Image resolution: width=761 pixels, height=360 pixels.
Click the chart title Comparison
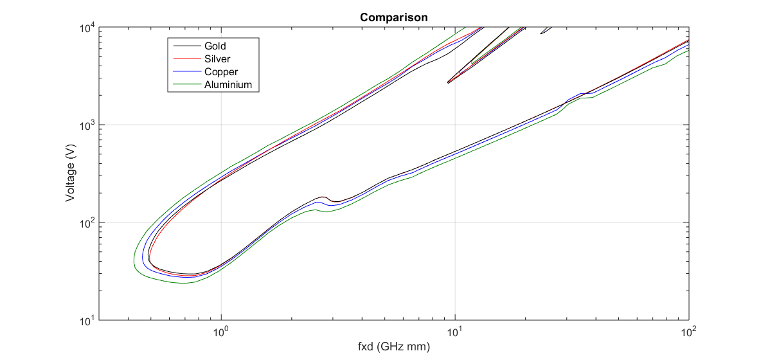point(393,17)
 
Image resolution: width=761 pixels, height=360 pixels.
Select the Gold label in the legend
point(215,46)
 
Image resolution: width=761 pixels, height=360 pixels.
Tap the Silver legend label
point(217,59)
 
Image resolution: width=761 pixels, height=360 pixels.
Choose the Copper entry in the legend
point(221,72)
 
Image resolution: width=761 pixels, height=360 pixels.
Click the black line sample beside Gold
point(185,46)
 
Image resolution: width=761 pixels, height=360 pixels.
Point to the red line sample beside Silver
point(185,59)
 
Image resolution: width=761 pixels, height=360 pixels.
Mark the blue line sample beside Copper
point(185,72)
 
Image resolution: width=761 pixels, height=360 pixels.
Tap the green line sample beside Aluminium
point(185,85)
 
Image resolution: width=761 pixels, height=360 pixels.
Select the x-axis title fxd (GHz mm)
point(393,347)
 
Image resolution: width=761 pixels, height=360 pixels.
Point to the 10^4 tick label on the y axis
point(87,28)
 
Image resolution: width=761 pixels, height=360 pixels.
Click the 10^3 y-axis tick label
point(87,125)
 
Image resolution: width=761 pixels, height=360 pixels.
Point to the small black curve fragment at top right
point(545,31)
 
